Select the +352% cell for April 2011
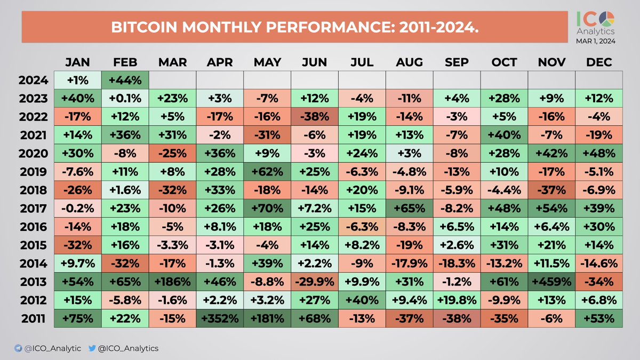[x=219, y=318]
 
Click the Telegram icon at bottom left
[x=18, y=348]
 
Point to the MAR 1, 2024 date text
[x=595, y=41]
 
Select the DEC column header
[x=598, y=62]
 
